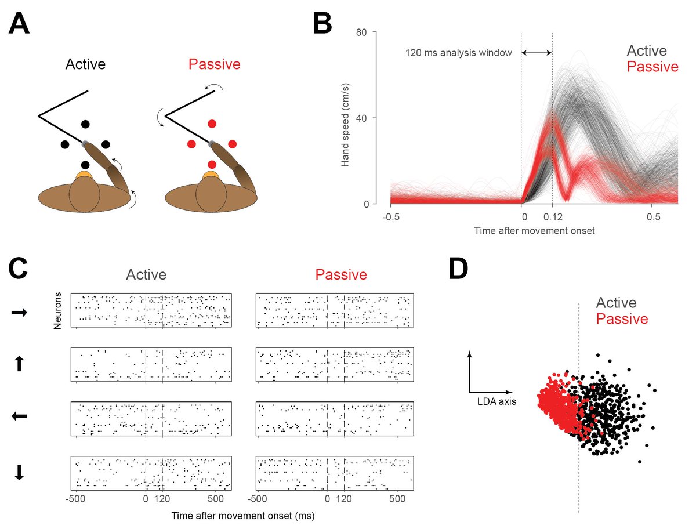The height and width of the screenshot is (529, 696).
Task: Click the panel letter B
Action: click(322, 24)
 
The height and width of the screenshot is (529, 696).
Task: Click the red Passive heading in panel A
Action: click(214, 64)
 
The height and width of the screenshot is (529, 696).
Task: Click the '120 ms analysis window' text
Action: click(458, 53)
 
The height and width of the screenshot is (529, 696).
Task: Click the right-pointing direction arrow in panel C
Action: click(19, 313)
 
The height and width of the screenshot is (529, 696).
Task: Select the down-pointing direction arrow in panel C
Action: click(19, 473)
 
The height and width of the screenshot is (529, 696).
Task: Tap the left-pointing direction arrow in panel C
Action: click(19, 416)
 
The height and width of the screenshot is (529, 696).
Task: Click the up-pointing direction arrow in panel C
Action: click(19, 364)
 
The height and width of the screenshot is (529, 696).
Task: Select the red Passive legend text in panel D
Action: click(622, 319)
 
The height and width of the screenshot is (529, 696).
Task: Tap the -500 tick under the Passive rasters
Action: click(259, 498)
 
